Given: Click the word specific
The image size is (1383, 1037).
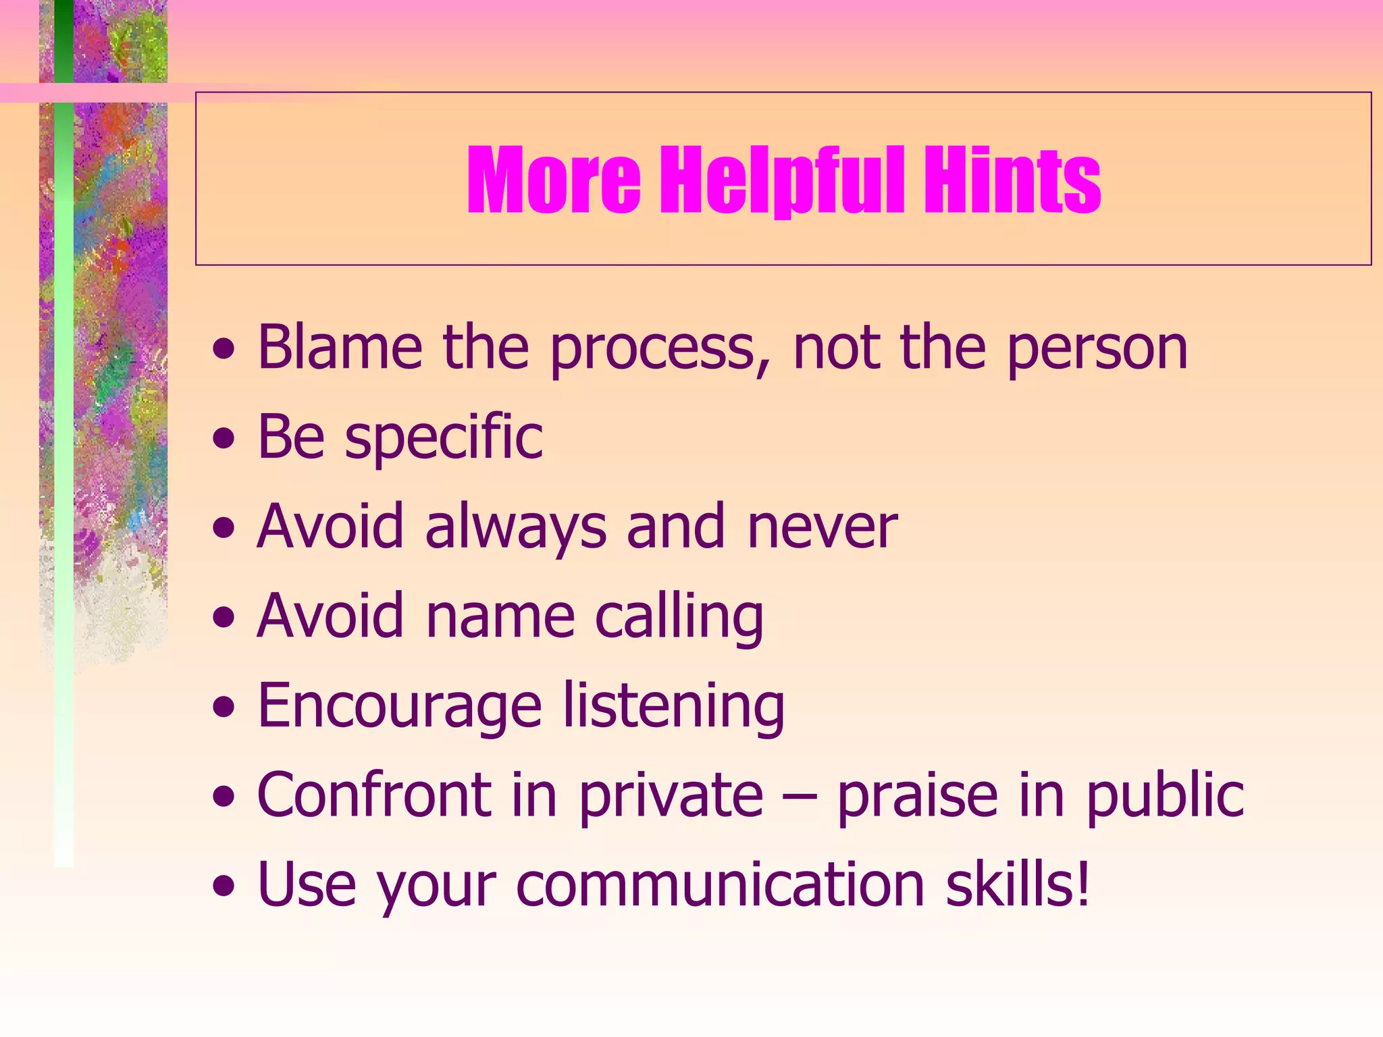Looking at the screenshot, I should point(444,439).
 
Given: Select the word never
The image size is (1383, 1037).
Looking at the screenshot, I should point(822,529).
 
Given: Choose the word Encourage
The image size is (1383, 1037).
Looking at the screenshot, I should point(400,708).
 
